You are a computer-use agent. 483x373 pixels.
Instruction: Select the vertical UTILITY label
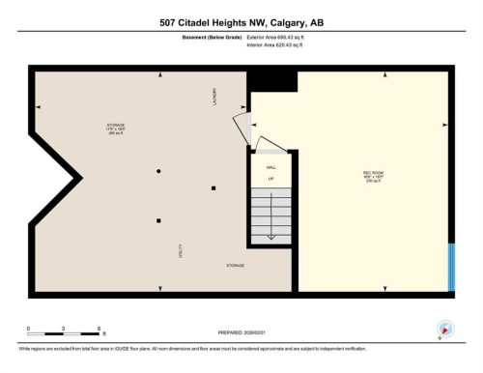point(181,247)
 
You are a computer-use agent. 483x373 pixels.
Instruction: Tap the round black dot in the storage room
point(158,171)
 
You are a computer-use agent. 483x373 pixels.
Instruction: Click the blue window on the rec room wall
point(452,265)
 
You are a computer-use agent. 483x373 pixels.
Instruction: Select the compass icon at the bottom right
point(444,328)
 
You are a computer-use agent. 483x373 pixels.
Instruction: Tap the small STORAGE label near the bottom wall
point(235,264)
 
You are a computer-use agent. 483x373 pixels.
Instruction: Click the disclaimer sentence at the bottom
point(193,347)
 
